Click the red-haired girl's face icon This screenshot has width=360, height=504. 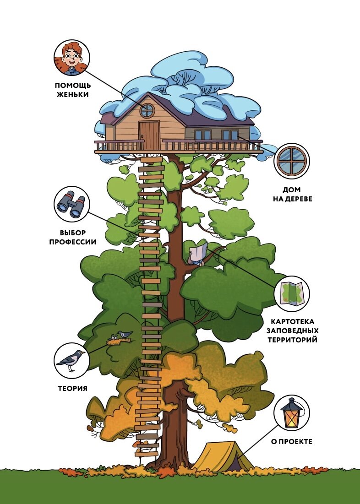pos(72,57)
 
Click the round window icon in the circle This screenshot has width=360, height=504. pos(292,161)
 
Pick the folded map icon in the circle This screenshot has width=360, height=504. pos(292,293)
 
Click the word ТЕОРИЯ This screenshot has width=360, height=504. pos(72,389)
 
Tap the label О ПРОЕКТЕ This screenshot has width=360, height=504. pos(291,442)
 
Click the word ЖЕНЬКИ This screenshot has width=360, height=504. pos(72,94)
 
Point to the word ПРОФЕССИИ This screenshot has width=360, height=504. pos(72,241)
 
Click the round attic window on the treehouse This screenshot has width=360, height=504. pos(147,110)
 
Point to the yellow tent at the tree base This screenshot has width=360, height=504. pos(223,456)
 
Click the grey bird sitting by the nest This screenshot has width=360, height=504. pos(124,334)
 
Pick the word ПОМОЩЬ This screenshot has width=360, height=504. pos(72,85)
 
